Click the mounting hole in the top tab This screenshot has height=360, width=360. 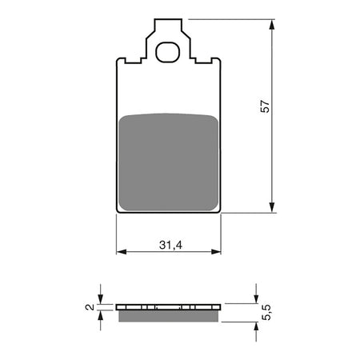pos(169,53)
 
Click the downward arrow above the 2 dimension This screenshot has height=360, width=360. pos(100,298)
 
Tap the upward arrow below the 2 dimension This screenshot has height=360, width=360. pos(100,315)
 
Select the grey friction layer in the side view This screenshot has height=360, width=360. pos(168,315)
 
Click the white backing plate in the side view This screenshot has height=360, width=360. pos(168,306)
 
